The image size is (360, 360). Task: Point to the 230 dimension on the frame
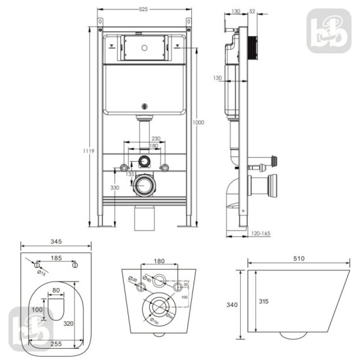(x=156, y=139)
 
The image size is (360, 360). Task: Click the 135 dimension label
(x=131, y=174)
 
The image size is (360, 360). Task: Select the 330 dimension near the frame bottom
(x=115, y=188)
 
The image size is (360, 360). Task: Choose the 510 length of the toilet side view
(x=299, y=259)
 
